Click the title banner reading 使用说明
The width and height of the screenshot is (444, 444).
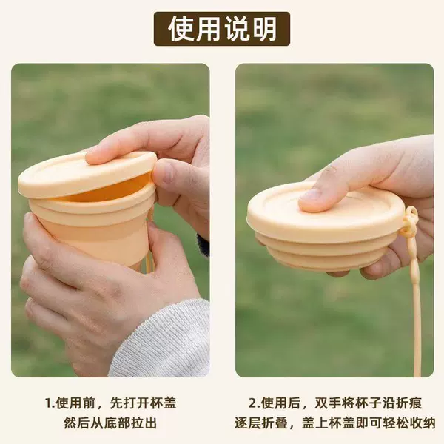(222, 29)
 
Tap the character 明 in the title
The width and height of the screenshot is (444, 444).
(264, 29)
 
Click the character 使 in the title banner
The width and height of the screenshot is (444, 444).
(181, 29)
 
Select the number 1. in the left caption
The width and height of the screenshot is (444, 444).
(50, 403)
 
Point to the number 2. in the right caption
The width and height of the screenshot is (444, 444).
(255, 403)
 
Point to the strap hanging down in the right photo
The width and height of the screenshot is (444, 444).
(414, 306)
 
